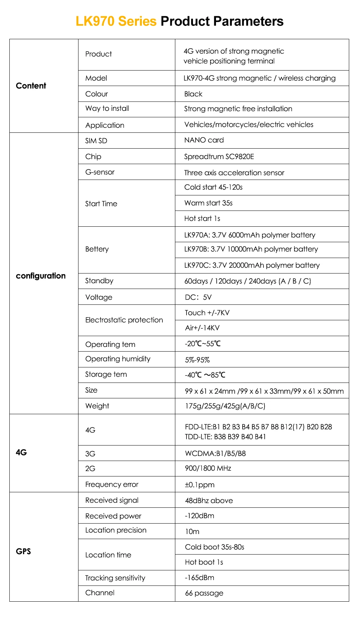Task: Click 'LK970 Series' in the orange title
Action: [116, 21]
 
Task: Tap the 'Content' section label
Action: [31, 86]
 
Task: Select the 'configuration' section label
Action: [41, 276]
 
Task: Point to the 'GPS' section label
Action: [23, 551]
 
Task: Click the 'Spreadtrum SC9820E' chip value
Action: [219, 157]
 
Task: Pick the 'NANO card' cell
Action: [204, 140]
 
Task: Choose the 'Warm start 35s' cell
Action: [208, 203]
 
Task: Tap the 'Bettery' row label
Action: [97, 249]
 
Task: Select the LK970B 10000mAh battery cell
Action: [251, 249]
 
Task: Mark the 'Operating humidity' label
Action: [118, 359]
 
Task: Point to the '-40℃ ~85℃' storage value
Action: [205, 375]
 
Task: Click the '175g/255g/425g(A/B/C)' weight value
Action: [225, 406]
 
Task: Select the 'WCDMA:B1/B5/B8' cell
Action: [215, 453]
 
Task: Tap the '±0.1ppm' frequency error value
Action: [199, 484]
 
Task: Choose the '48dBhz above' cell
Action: [209, 500]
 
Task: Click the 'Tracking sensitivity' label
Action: [115, 578]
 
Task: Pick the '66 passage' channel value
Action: [204, 593]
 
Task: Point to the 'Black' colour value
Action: [193, 94]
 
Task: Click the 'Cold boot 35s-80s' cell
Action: [215, 547]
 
